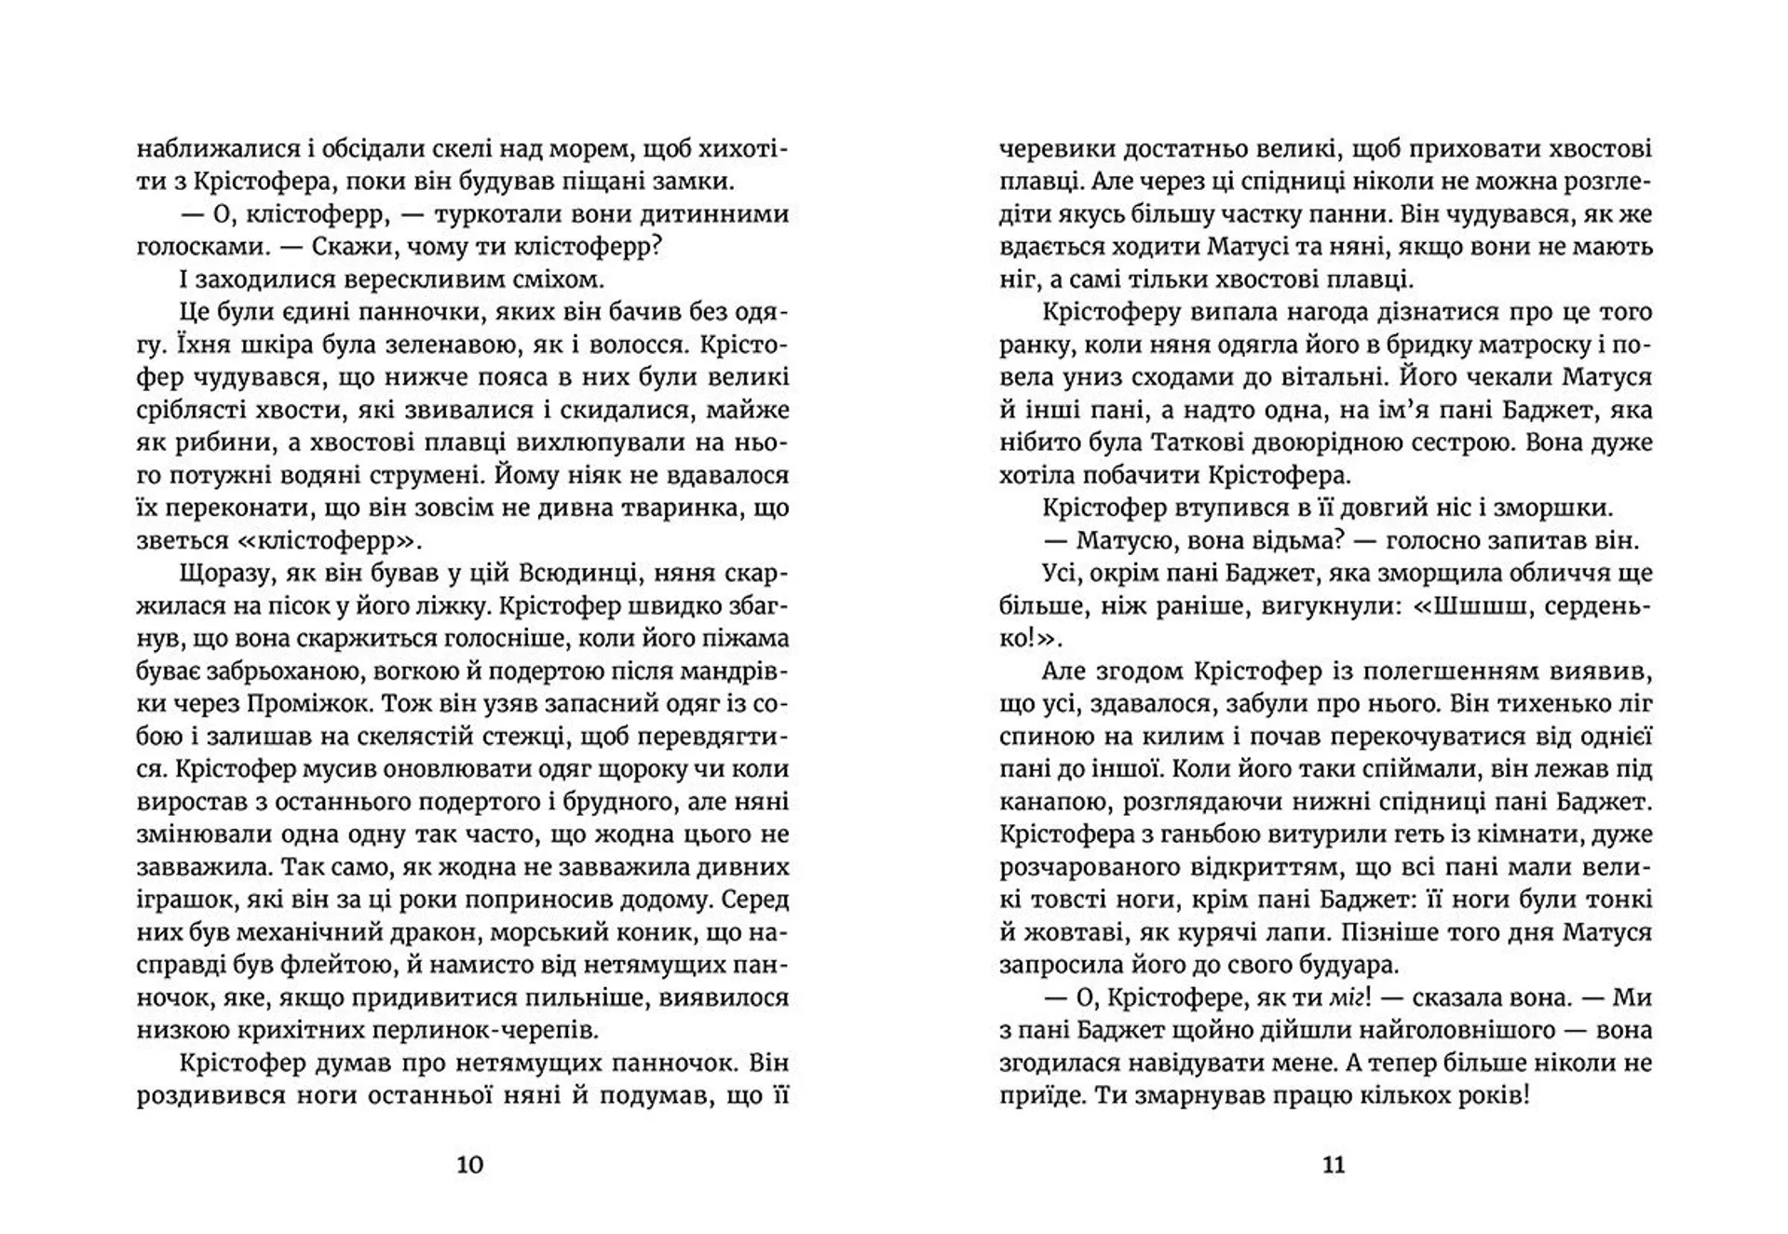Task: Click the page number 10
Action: pyautogui.click(x=470, y=1164)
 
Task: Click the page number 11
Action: pyautogui.click(x=1334, y=1164)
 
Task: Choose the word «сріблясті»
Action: pyautogui.click(x=192, y=411)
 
